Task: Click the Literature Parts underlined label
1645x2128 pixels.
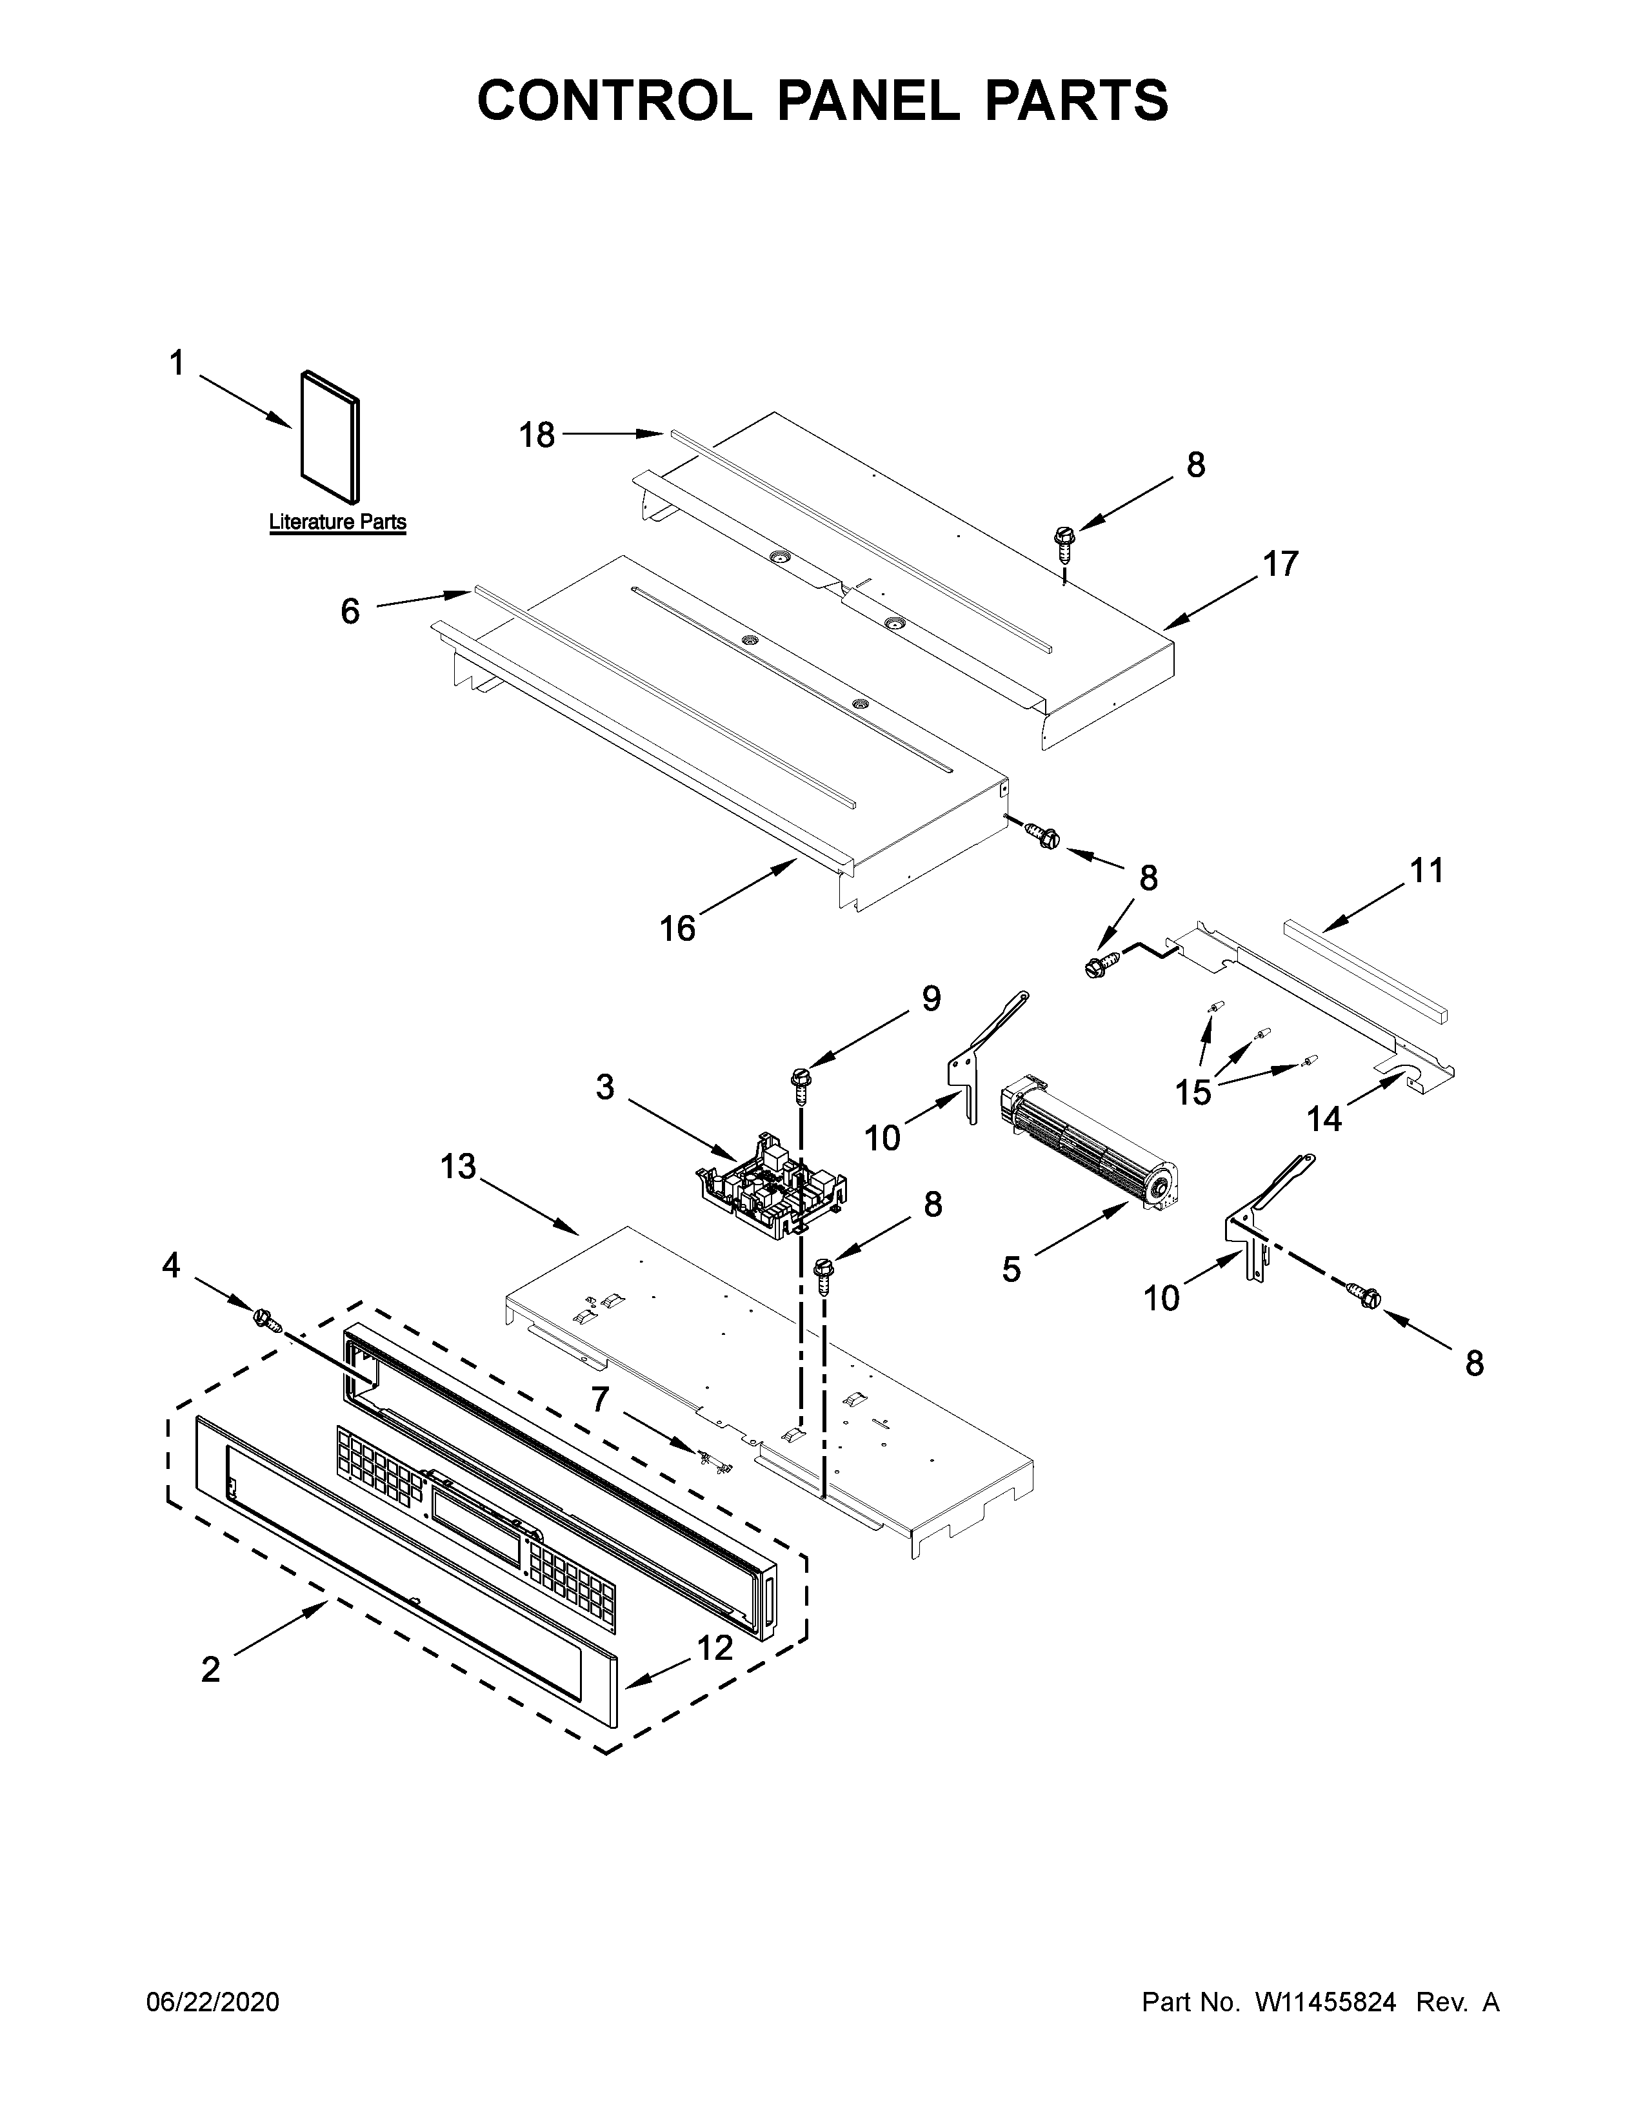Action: pyautogui.click(x=337, y=522)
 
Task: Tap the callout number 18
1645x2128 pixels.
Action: pyautogui.click(x=536, y=435)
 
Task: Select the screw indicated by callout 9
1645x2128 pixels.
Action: pyautogui.click(x=802, y=1081)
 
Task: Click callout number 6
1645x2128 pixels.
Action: pyautogui.click(x=350, y=611)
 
